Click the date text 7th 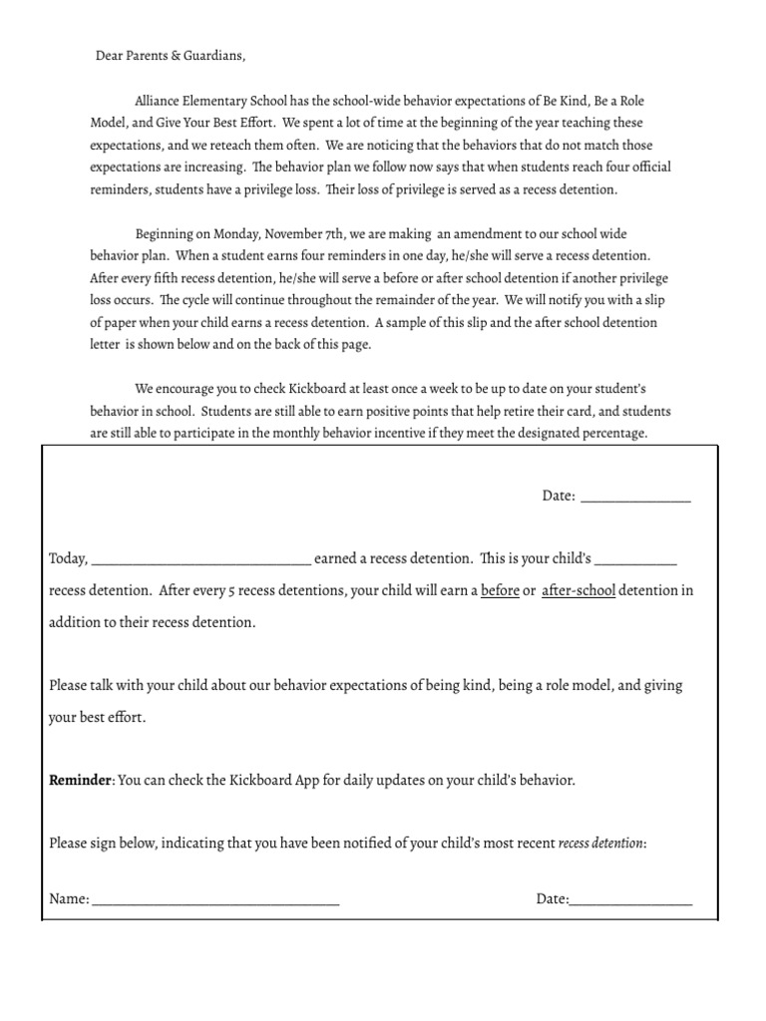(338, 233)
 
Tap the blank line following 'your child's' (636, 560)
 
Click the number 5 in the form (231, 590)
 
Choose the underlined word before (500, 590)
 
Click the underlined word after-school (578, 590)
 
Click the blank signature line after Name (215, 900)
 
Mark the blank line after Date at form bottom (630, 900)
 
